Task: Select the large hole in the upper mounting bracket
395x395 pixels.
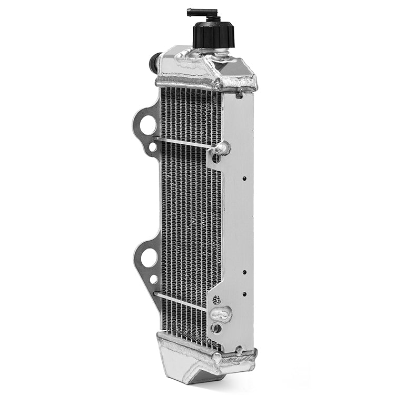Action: [x=147, y=125]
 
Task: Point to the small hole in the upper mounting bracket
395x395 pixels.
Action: [x=153, y=147]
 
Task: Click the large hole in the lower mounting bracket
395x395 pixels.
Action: [x=149, y=258]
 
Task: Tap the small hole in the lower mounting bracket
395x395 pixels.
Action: [x=154, y=279]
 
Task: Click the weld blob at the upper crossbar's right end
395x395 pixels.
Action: [x=221, y=149]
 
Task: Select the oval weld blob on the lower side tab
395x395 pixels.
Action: [x=221, y=314]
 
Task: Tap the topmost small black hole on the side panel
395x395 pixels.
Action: [x=244, y=179]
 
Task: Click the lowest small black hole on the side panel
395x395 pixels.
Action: [x=244, y=294]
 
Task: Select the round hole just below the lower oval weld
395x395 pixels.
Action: [x=216, y=328]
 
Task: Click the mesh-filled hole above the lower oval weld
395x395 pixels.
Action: [x=215, y=300]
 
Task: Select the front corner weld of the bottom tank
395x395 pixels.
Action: [x=216, y=358]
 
